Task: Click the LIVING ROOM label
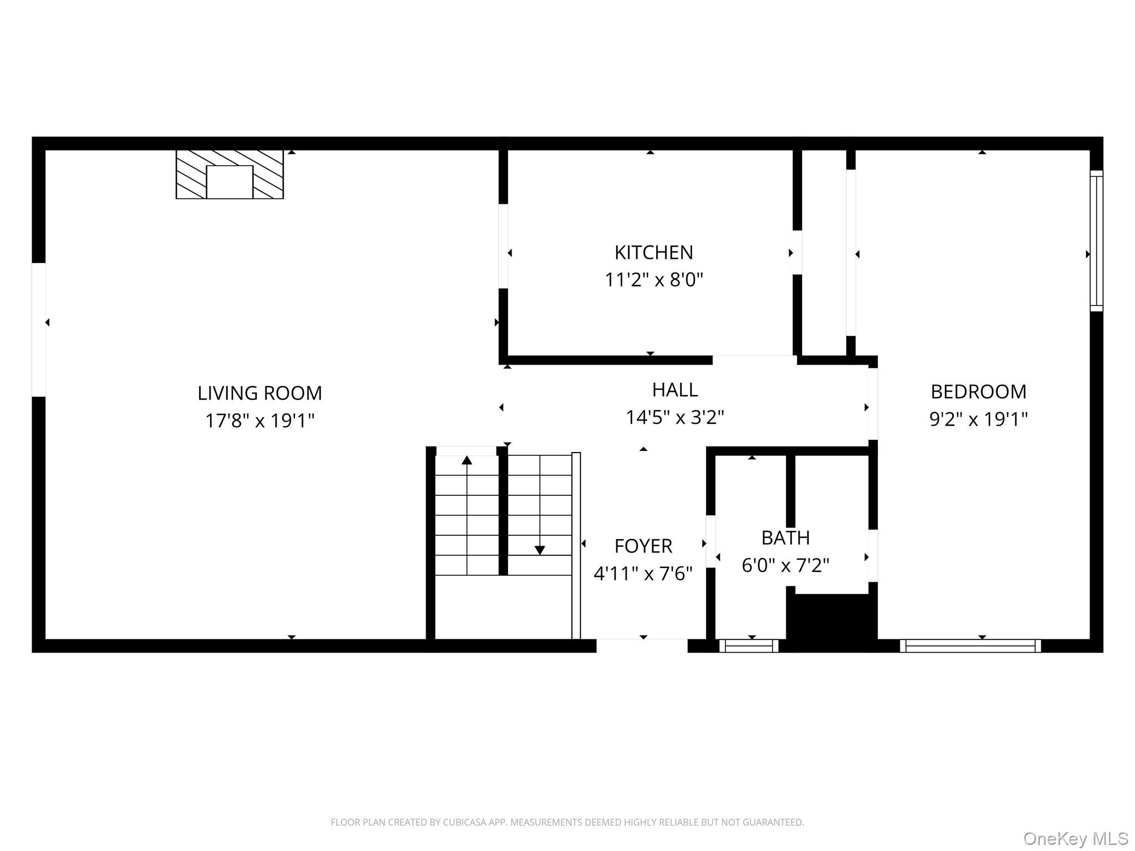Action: (259, 393)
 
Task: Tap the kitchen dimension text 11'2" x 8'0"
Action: (653, 280)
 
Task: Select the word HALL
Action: (674, 389)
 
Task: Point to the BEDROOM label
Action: (978, 392)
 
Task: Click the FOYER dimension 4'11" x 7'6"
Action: (643, 573)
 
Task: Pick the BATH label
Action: (785, 537)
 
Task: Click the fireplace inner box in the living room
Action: (229, 182)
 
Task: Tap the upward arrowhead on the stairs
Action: (467, 460)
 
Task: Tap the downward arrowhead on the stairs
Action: (540, 550)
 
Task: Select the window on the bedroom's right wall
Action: (1096, 240)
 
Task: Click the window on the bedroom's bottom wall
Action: (970, 645)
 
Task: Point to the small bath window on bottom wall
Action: (749, 645)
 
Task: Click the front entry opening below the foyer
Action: (642, 645)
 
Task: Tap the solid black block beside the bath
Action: (831, 621)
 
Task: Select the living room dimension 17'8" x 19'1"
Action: (259, 421)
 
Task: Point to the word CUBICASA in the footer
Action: (464, 822)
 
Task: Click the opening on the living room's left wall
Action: (38, 330)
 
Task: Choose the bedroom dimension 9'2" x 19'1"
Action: (978, 419)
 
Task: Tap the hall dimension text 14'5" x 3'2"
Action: (674, 417)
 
